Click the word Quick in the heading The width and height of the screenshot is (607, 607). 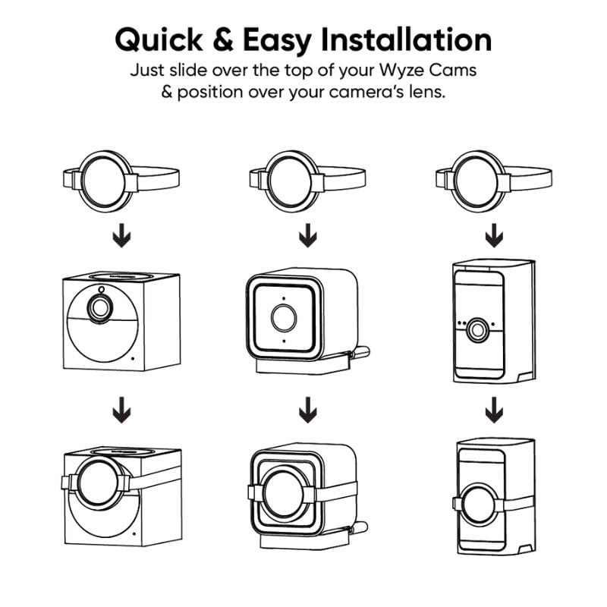click(159, 40)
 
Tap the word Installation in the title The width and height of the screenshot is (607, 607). click(407, 39)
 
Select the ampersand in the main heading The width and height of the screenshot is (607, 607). click(223, 39)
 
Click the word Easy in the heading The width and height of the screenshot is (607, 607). click(277, 41)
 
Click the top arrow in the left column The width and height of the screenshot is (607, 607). click(121, 235)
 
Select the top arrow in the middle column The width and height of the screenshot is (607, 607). click(308, 235)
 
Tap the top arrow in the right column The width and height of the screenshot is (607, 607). click(494, 235)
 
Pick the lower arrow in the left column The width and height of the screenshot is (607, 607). click(121, 410)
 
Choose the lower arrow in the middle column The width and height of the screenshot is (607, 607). click(308, 410)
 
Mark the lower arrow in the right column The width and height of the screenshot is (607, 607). click(494, 410)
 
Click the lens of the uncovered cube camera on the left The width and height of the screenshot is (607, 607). click(101, 308)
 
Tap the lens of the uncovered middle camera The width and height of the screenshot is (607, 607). click(284, 318)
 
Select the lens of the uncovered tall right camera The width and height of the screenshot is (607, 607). click(477, 330)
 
